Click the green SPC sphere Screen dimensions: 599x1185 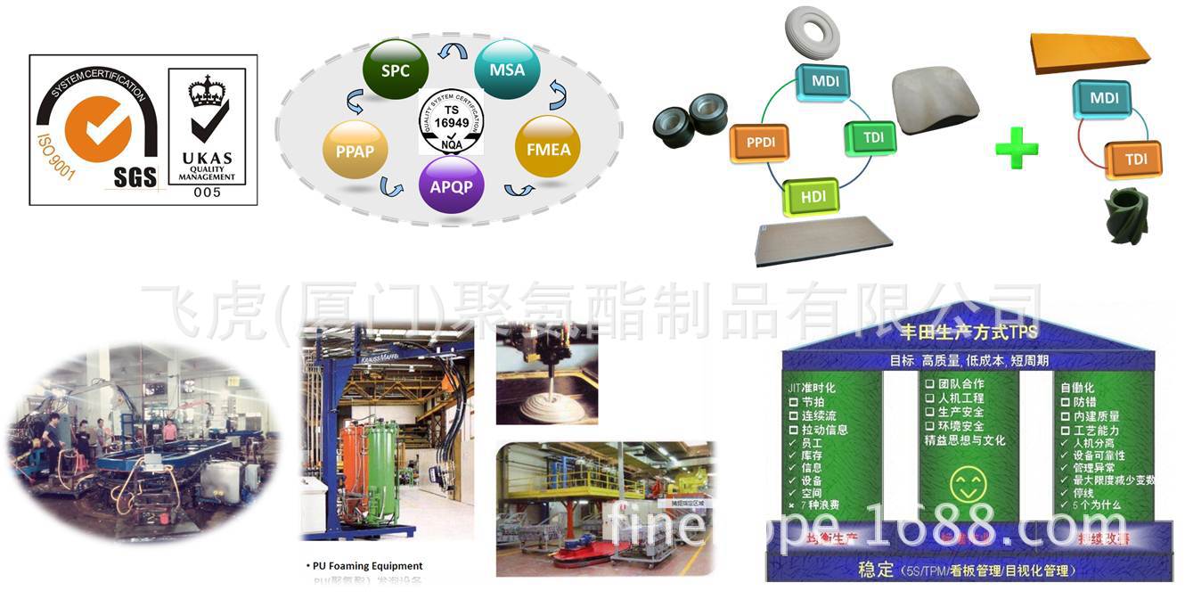click(396, 70)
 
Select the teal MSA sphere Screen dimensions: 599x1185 click(507, 70)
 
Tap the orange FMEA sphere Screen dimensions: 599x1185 click(548, 148)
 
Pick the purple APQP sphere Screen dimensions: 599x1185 click(451, 186)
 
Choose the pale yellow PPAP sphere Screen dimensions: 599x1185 click(355, 152)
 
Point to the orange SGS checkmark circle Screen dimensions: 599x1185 click(97, 127)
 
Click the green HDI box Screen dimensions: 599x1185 click(812, 197)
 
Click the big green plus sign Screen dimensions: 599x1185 click(1017, 148)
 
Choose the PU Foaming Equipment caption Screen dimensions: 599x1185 click(367, 565)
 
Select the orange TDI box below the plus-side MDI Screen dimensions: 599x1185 click(1132, 160)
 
